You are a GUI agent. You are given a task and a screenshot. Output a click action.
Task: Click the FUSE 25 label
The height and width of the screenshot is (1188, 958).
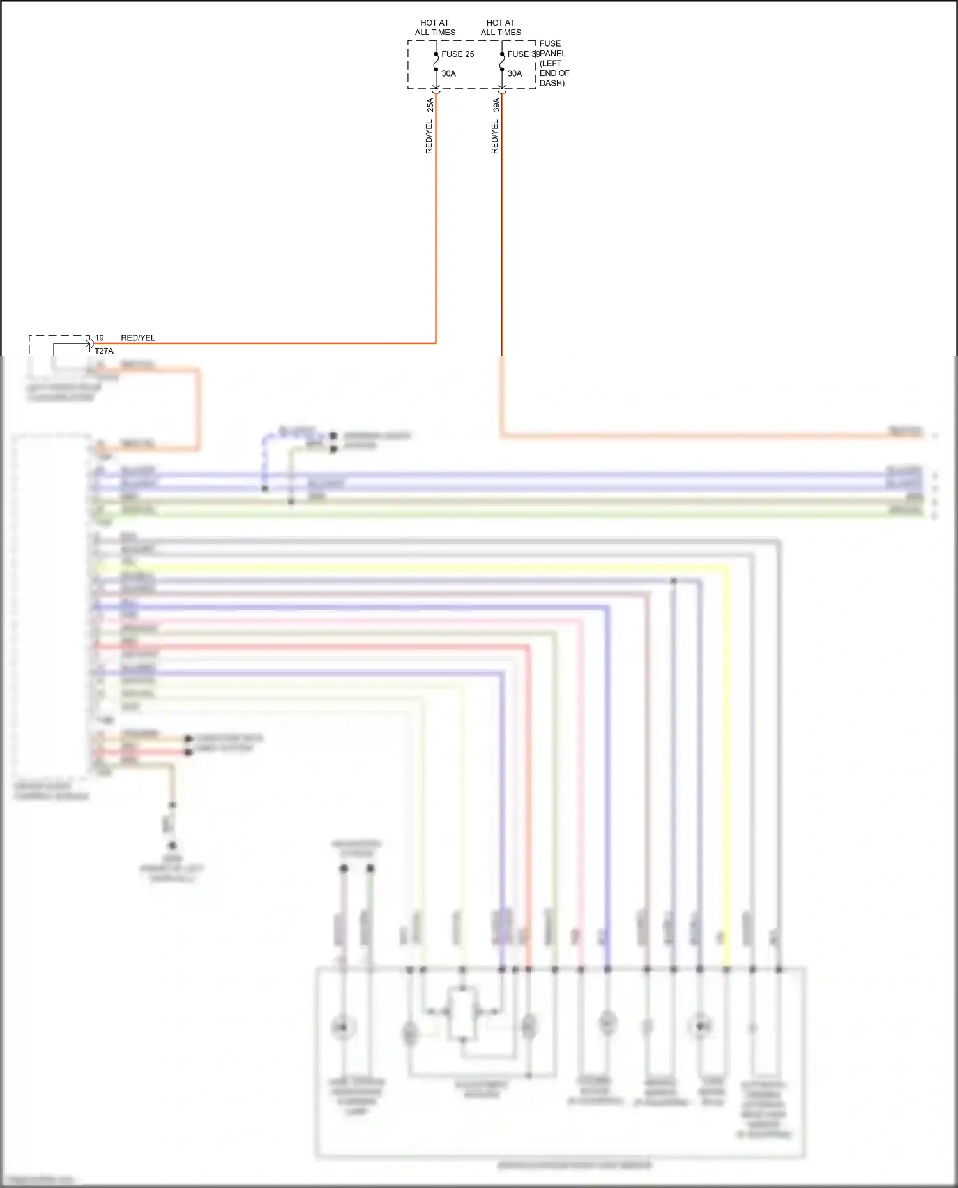coord(457,54)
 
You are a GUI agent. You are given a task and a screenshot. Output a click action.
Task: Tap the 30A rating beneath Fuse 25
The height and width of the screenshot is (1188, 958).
coord(448,73)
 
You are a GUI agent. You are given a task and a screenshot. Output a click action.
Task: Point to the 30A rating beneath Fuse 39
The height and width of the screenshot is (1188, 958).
coord(514,73)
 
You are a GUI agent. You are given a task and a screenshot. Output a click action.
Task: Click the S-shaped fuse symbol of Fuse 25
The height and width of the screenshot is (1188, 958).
coord(436,62)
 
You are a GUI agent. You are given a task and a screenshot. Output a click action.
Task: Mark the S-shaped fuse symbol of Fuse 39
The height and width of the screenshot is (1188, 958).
coord(502,62)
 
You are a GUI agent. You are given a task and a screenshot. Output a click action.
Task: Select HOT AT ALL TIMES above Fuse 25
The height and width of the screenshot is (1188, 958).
coord(435,27)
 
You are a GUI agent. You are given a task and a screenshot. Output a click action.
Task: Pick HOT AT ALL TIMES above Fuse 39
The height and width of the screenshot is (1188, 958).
coord(501,27)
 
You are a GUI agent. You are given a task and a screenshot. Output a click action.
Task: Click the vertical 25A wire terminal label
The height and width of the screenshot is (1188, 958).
coord(430,105)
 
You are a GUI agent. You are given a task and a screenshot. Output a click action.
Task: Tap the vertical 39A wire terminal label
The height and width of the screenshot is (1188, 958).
coord(496,105)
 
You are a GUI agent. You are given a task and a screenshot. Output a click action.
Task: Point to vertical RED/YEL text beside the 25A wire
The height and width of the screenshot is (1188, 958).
coord(429,137)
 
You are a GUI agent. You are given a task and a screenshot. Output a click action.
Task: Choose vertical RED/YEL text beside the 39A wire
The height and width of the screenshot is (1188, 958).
coord(494,137)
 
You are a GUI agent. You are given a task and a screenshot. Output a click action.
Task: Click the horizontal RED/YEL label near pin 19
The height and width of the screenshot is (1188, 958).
coord(137,338)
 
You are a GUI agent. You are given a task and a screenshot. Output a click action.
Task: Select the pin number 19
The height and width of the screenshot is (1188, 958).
coord(99,338)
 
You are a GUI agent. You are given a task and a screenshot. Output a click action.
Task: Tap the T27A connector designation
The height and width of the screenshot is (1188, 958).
coord(104,351)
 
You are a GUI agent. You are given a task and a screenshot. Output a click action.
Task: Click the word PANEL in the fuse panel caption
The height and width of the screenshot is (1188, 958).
coord(553,54)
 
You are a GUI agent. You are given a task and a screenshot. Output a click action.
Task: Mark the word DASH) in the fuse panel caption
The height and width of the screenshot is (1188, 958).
coord(552,83)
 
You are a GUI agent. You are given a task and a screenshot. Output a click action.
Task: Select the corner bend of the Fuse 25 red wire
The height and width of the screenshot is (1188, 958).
coord(436,343)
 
